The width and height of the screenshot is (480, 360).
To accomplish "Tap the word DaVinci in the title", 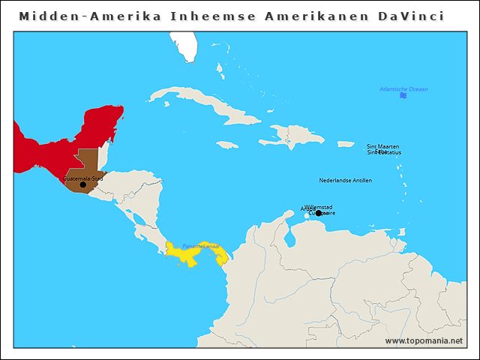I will point(410,16).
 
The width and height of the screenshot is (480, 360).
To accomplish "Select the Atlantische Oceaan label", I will point(403,89).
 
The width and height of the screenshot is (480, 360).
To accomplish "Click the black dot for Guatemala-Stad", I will point(83,184).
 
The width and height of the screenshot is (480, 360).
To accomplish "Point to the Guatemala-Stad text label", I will point(83,178).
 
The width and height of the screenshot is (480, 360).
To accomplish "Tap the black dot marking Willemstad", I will point(318,213).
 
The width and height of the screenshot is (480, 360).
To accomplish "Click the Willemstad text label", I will point(318,207).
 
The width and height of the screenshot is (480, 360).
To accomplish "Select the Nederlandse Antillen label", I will point(345,180).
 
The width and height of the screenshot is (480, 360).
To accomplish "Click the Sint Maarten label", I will point(382,146).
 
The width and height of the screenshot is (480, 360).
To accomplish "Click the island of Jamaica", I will point(227,145).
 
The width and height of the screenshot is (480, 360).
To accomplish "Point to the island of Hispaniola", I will point(296,136).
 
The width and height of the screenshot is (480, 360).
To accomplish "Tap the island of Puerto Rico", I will point(345,144).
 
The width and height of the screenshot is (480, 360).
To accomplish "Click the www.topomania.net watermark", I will point(424,340).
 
